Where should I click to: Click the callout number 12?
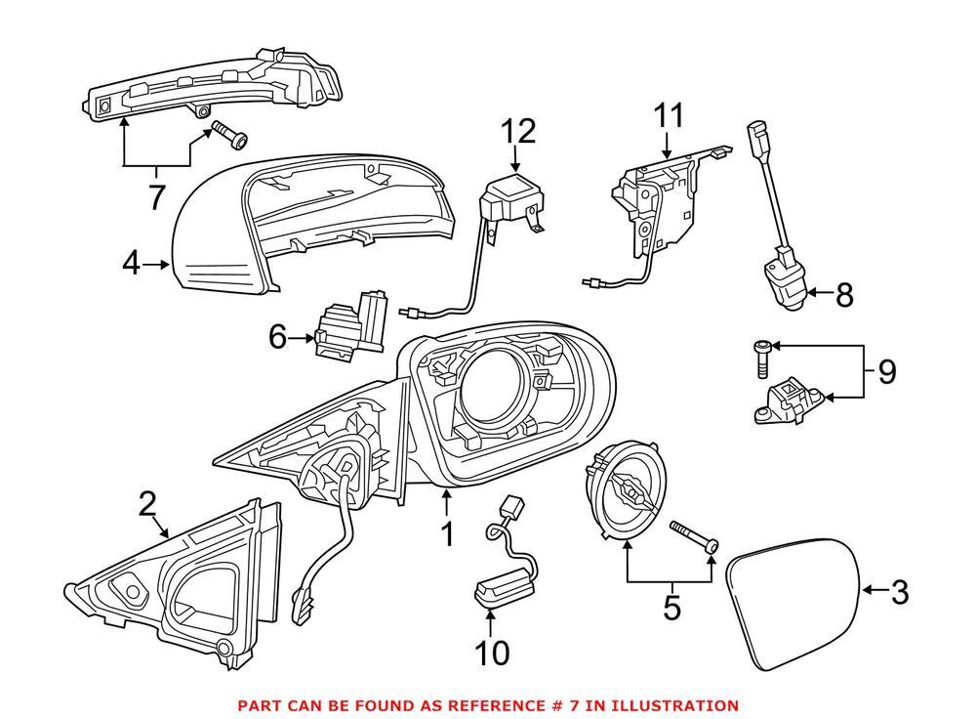point(520,130)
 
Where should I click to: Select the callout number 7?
point(156,196)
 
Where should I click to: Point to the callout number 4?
point(133,263)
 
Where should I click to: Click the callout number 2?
point(146,504)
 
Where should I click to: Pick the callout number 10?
point(492,653)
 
